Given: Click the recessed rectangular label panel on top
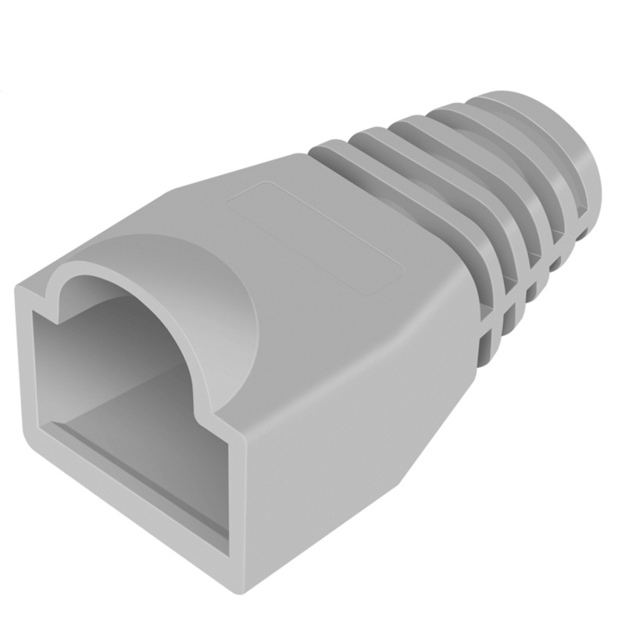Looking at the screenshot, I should tap(312, 234).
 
